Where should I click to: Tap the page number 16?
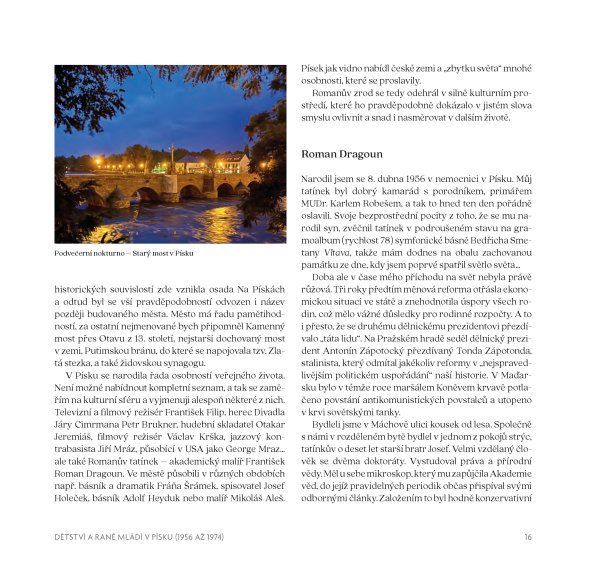pos(527,537)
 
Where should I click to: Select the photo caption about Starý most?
pos(124,253)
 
